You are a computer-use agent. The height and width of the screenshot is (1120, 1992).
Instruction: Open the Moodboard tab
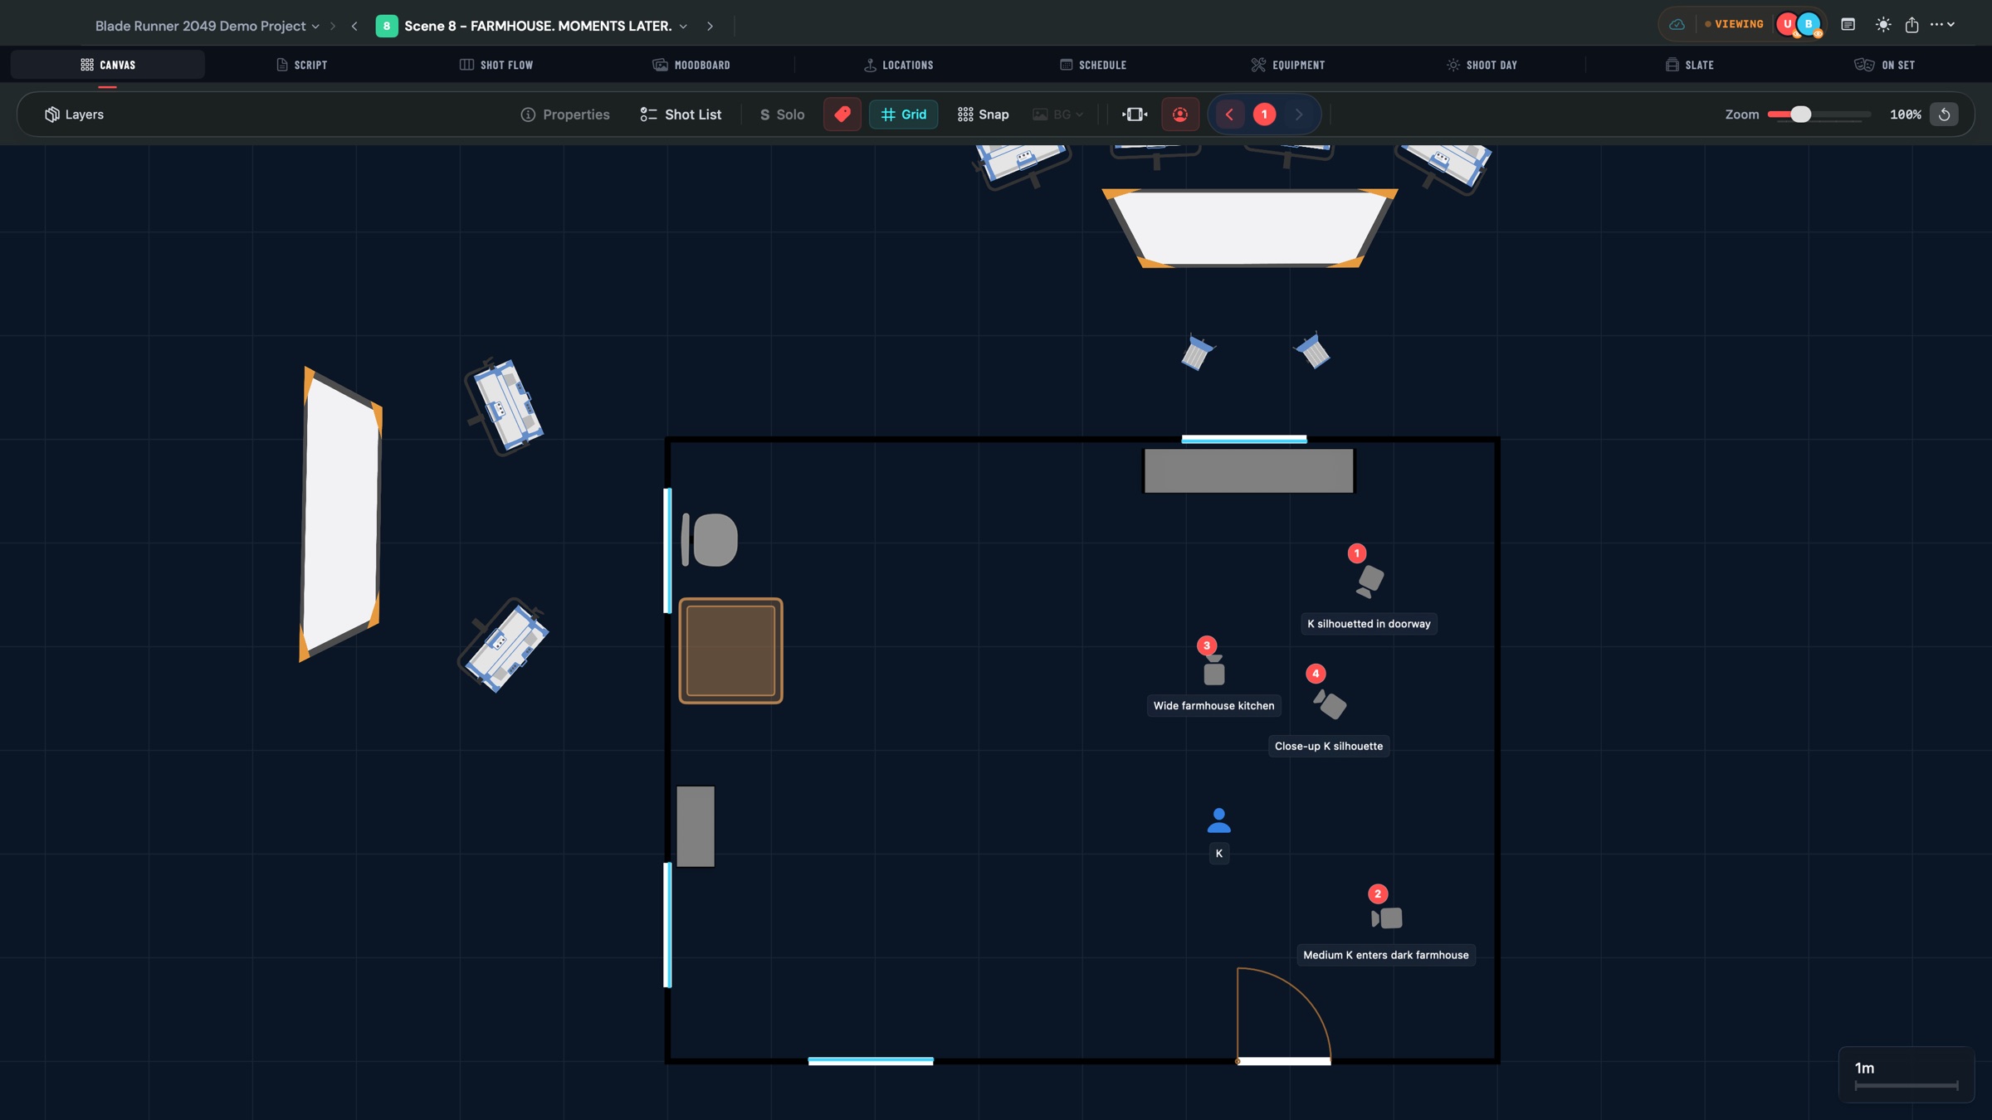click(691, 65)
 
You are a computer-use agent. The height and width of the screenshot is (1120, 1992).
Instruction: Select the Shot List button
click(681, 114)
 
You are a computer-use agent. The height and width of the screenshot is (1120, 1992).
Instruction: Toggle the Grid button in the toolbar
click(903, 114)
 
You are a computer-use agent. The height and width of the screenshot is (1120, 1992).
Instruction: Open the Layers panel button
click(74, 114)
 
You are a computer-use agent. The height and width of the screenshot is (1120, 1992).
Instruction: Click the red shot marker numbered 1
click(1356, 553)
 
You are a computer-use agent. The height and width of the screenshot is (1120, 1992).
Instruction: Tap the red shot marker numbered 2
click(1378, 894)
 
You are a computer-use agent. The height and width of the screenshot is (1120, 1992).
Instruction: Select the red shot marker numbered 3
click(1207, 645)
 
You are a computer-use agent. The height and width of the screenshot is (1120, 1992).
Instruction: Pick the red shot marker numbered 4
click(1316, 674)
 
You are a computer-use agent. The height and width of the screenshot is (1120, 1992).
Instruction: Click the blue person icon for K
click(1218, 821)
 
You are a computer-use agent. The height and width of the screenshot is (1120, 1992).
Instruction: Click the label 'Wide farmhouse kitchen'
click(1213, 706)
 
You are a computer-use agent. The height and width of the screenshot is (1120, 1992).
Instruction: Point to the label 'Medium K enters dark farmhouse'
click(1385, 955)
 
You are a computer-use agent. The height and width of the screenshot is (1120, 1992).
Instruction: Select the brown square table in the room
click(730, 650)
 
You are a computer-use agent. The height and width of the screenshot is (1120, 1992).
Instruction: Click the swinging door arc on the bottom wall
click(1295, 996)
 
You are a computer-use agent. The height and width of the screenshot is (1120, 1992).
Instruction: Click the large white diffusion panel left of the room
click(340, 514)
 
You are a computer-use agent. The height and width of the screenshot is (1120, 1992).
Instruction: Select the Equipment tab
click(1288, 65)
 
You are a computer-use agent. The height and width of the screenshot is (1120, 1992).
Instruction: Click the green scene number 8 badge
click(386, 26)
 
